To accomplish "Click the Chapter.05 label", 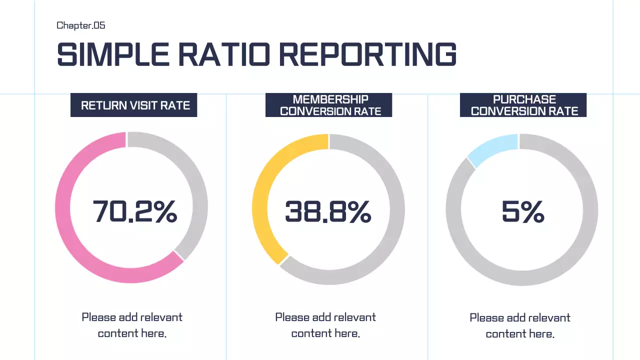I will [80, 25].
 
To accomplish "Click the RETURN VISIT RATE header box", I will [134, 105].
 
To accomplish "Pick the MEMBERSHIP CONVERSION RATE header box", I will [328, 105].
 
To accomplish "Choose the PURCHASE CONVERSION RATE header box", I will [523, 105].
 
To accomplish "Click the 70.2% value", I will [135, 211].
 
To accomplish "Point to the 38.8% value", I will [328, 211].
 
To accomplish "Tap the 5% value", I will [523, 212].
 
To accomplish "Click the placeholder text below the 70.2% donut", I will [132, 325].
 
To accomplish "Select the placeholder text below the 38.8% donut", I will [325, 325].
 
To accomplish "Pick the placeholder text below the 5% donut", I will [520, 325].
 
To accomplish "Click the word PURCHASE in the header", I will [524, 99].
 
